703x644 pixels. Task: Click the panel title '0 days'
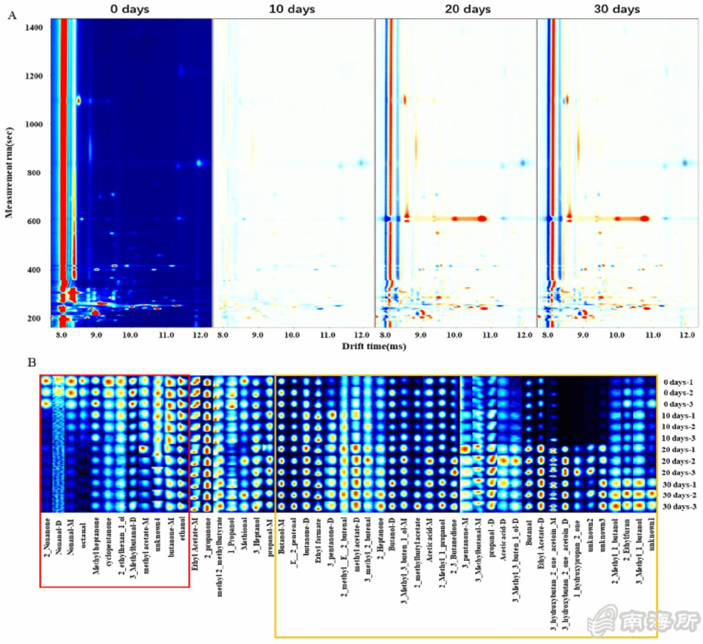coord(130,9)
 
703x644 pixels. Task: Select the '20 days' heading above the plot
coord(468,9)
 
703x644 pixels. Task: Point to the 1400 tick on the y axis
coord(34,27)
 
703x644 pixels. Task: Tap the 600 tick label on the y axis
coord(34,221)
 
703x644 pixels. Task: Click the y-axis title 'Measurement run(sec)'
coord(9,173)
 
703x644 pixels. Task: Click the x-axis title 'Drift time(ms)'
coord(374,346)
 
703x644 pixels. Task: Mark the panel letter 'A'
coord(12,15)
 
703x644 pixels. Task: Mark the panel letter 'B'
coord(31,362)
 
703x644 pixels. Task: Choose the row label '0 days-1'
coord(678,382)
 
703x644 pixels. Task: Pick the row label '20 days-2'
coord(678,461)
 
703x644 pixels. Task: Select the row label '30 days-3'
coord(679,507)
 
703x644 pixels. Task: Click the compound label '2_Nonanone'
coord(47,537)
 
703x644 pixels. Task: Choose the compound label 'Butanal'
coord(528,532)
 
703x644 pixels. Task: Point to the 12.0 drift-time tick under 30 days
coord(687,335)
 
